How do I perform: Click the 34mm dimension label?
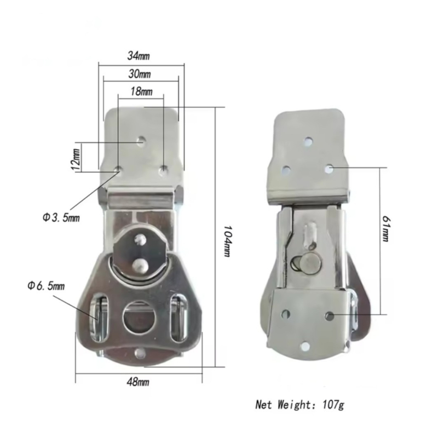139,56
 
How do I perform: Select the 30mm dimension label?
140,74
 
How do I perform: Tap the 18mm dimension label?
142,91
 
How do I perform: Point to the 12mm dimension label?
76,159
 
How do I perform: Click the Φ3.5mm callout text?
61,217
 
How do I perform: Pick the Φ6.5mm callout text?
47,286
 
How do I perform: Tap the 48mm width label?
138,382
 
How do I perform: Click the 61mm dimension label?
385,229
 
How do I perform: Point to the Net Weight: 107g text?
299,405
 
